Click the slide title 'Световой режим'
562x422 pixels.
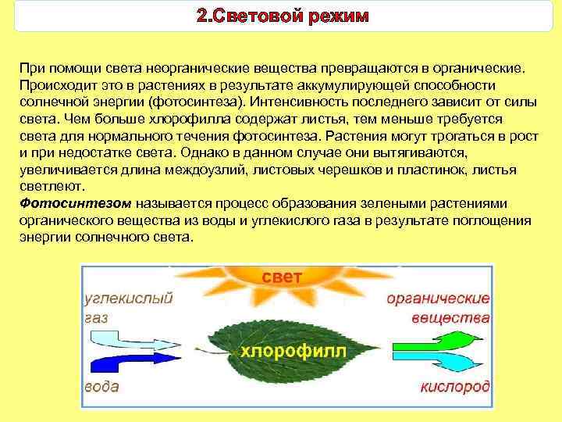tap(281, 16)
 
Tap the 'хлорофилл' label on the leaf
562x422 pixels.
tap(292, 350)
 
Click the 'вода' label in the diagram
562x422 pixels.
tap(101, 387)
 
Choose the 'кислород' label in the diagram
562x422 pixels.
tap(455, 388)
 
